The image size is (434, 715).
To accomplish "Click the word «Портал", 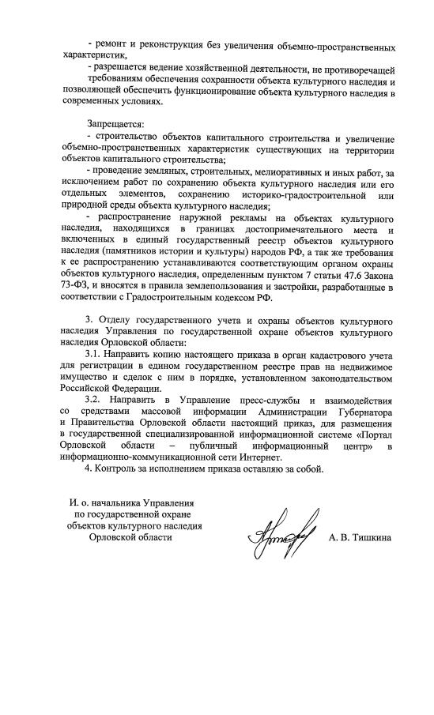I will (372, 435).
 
